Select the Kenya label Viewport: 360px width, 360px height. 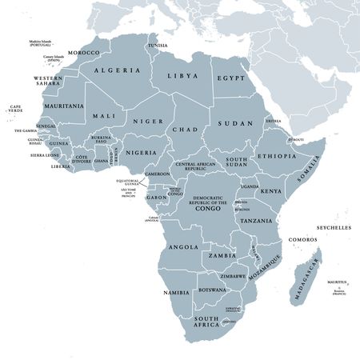pyautogui.click(x=272, y=191)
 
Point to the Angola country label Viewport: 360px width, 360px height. pyautogui.click(x=183, y=247)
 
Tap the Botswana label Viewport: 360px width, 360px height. pyautogui.click(x=212, y=289)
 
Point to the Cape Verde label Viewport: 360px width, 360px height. pyautogui.click(x=15, y=109)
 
